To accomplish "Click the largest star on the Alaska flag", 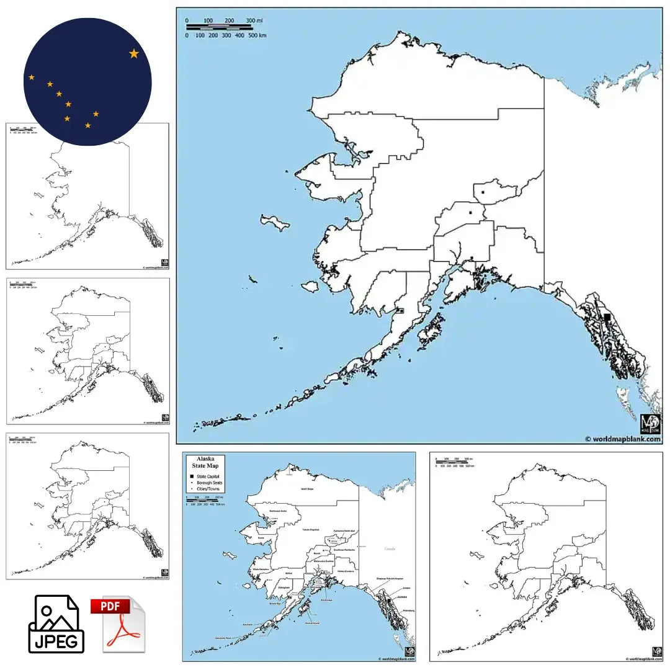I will [x=134, y=54].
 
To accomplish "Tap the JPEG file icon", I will [x=56, y=624].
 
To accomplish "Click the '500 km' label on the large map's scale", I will [x=257, y=35].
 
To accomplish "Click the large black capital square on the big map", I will [x=607, y=317].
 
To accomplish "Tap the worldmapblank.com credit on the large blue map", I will [x=623, y=439].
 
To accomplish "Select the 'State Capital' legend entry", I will [x=209, y=476].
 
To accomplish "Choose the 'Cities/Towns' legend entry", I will [x=208, y=489].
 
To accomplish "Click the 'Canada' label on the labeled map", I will [x=390, y=548].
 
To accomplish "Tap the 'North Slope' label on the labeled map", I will [x=307, y=489].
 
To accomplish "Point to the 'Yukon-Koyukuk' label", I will [x=309, y=529].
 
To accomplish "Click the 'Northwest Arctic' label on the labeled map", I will [x=278, y=511].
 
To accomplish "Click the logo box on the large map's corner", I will [x=650, y=424].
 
